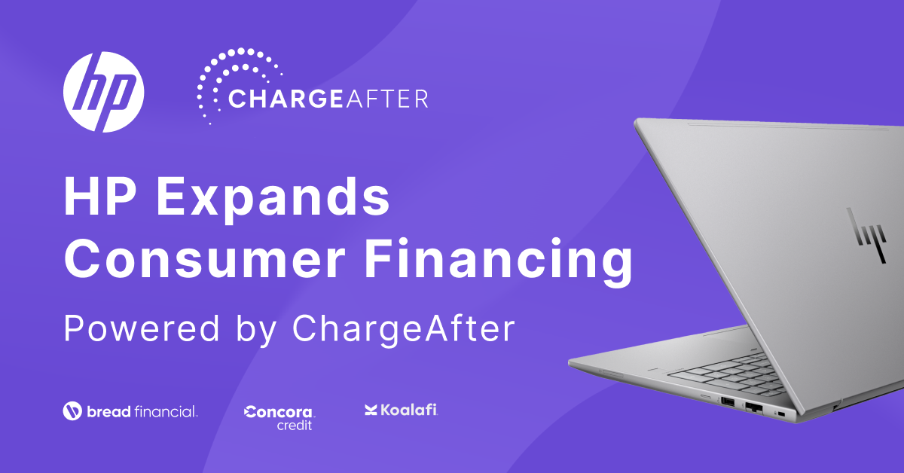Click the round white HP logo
point(104,92)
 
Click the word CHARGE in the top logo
point(286,99)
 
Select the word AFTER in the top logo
point(386,99)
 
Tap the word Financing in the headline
point(499,262)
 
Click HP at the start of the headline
point(99,197)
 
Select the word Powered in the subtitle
point(142,328)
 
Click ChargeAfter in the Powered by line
point(404,330)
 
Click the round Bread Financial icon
point(72,410)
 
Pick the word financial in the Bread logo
point(166,412)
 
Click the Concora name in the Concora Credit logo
point(279,412)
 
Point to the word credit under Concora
point(295,426)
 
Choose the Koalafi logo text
point(408,410)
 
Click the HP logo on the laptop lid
point(867,235)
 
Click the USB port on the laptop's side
point(728,401)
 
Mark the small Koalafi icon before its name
point(371,410)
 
